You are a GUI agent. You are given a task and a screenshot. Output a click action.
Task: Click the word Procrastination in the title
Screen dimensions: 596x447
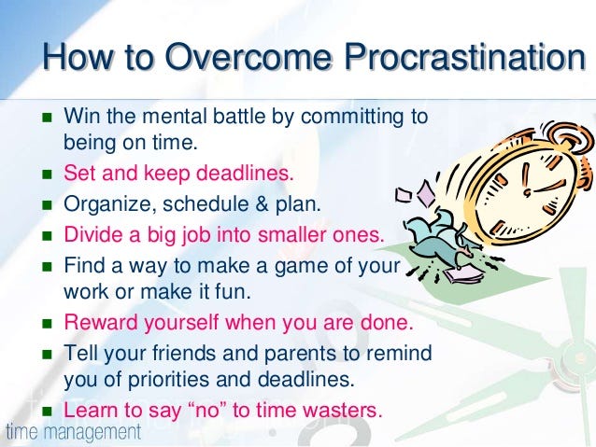tap(465, 56)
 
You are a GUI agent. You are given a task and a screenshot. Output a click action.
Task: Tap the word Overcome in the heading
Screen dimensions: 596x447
tap(248, 56)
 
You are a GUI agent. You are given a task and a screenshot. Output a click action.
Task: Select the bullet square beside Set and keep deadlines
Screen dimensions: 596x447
tap(47, 175)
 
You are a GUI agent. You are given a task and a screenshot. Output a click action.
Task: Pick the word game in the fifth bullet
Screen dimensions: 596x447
tap(301, 266)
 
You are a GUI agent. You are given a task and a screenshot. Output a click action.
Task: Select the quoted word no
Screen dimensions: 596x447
tap(207, 411)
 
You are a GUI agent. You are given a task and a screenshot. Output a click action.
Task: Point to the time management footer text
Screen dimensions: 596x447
tap(74, 432)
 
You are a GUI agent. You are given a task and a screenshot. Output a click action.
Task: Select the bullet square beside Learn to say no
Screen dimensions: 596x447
tap(47, 412)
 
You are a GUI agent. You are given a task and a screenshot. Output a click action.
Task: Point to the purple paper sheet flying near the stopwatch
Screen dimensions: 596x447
tap(427, 193)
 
